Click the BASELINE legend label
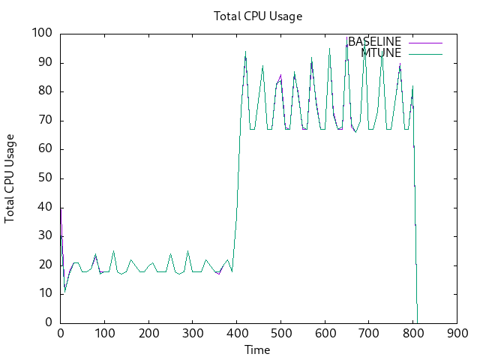(374, 41)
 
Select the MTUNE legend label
(381, 52)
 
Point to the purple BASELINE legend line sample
(424, 41)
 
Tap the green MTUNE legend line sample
(424, 52)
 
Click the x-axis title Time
(257, 349)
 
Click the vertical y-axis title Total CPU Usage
(10, 178)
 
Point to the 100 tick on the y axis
(42, 34)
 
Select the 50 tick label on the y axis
(45, 178)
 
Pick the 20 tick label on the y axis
(45, 265)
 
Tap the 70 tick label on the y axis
(45, 120)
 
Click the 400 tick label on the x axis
(237, 334)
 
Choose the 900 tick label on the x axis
(457, 334)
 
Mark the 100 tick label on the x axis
(104, 334)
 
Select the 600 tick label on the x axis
(325, 334)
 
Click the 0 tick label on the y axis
(49, 322)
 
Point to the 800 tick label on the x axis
(413, 334)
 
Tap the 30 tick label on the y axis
(45, 235)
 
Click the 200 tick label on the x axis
(148, 334)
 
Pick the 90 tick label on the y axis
(45, 62)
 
